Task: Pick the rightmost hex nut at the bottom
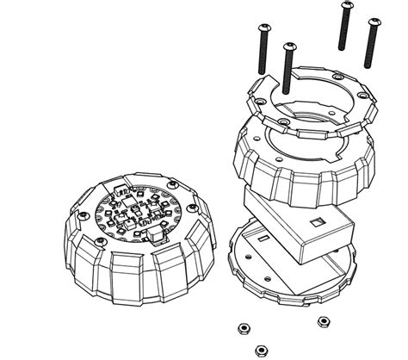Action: (324, 321)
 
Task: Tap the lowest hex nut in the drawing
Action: (261, 350)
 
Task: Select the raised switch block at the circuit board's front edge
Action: (154, 233)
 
